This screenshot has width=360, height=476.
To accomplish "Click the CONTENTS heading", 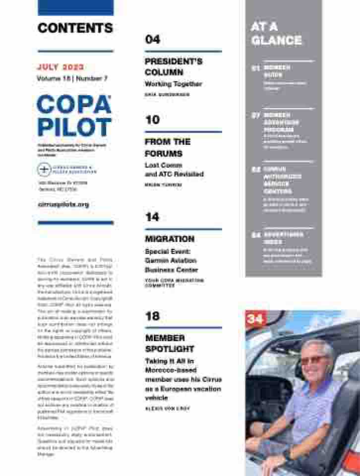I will click(75, 28).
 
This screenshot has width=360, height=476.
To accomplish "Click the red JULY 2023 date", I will click(60, 67).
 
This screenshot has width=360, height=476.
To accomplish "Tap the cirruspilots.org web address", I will click(63, 204).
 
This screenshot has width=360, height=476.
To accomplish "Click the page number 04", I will click(153, 40).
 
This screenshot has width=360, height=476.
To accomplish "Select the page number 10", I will click(153, 120).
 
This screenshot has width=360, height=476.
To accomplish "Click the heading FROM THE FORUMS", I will click(168, 147).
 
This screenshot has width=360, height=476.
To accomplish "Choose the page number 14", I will click(153, 217).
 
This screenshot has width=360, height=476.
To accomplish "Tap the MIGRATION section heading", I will click(170, 239).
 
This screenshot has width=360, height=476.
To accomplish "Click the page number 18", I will click(153, 316).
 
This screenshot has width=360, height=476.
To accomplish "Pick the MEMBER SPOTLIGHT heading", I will click(170, 343).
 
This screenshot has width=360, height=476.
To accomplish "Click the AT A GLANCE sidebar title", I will click(276, 33).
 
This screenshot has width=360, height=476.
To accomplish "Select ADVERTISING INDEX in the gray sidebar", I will click(283, 238).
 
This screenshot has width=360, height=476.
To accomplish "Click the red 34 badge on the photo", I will click(255, 319).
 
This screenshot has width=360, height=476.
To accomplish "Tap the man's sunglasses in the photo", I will click(314, 359).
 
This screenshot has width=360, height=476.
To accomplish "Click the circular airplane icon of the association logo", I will click(44, 170).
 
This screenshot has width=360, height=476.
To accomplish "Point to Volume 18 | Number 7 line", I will click(72, 79).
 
